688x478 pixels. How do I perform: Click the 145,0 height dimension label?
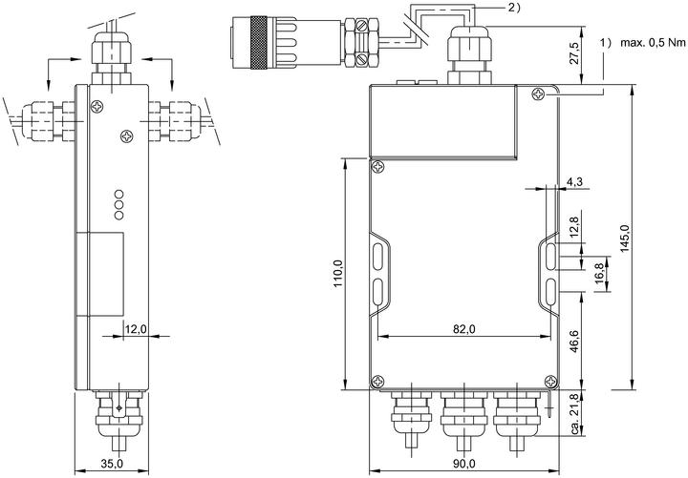[x=625, y=238]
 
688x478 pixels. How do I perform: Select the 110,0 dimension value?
[x=338, y=274]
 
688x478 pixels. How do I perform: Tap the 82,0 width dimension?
[x=463, y=328]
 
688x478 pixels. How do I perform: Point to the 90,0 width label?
[x=464, y=463]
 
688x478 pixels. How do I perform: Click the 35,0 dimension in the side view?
[x=112, y=463]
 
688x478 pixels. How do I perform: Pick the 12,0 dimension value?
[x=136, y=328]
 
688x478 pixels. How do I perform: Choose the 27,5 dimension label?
[x=575, y=53]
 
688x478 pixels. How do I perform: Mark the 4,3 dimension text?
[x=574, y=181]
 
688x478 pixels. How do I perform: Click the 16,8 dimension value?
[x=600, y=274]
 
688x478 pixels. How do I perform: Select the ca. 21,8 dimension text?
[x=575, y=413]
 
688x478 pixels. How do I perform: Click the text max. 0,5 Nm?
[x=653, y=43]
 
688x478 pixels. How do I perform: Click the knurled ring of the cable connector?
[x=258, y=42]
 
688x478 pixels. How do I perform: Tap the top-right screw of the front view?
[x=538, y=94]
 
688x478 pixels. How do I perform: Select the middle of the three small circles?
[x=118, y=204]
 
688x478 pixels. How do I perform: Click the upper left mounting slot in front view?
[x=377, y=257]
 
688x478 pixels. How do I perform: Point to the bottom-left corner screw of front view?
[x=377, y=382]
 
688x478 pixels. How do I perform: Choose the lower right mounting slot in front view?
[x=552, y=291]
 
